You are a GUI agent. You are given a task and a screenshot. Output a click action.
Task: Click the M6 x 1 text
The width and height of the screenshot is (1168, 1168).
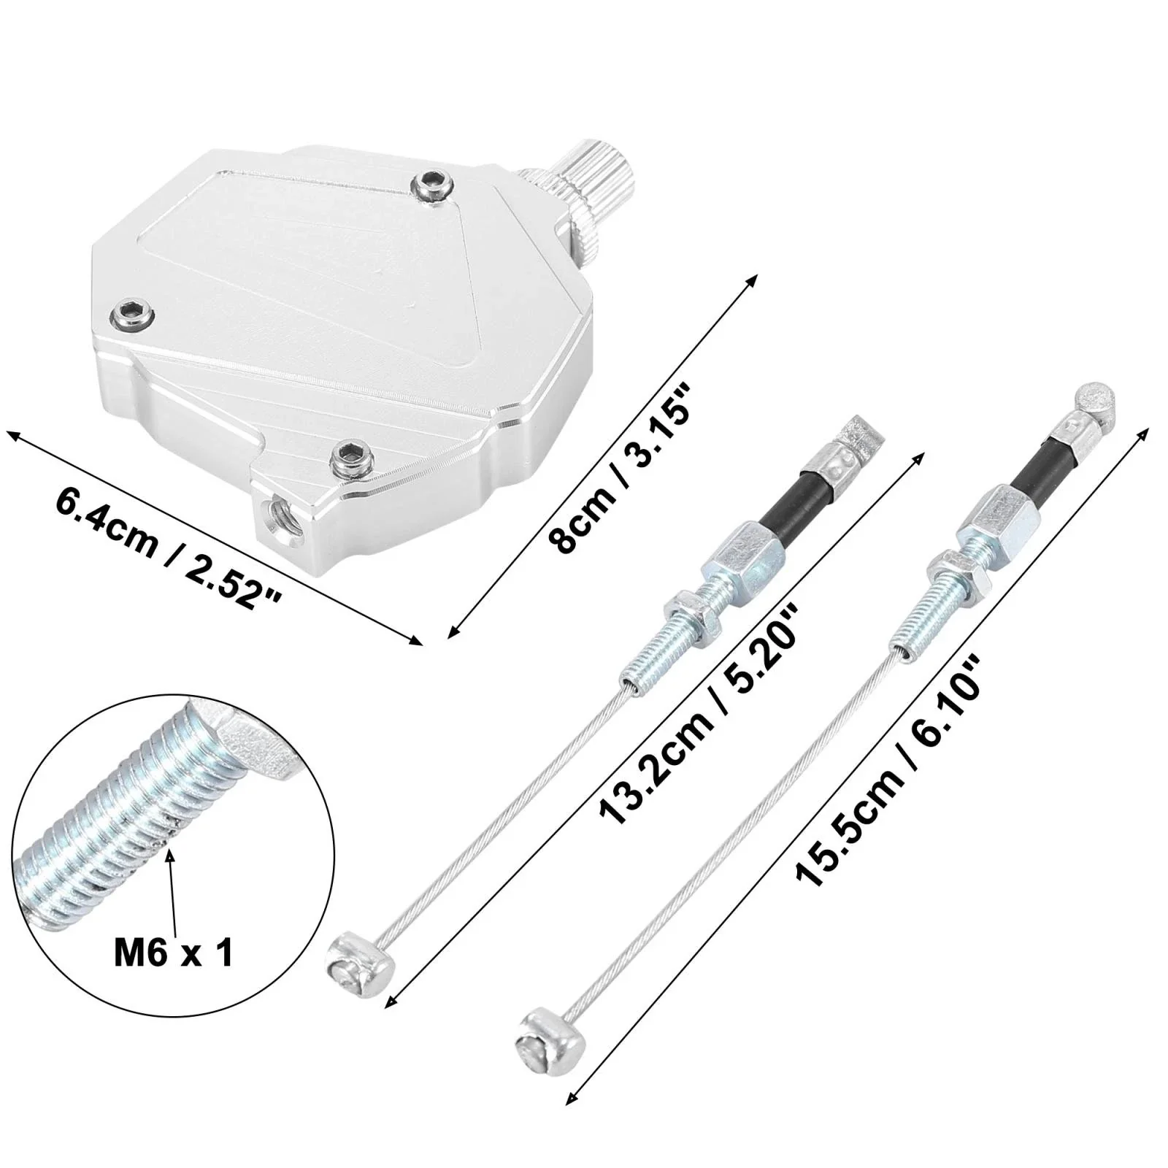[x=174, y=953]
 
